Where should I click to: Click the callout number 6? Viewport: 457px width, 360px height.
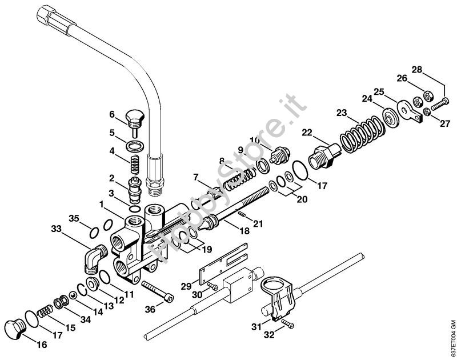[112, 114]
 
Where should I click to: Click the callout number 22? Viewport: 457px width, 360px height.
[307, 133]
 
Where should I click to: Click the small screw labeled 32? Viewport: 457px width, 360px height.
[288, 324]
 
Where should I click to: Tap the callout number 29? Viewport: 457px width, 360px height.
[186, 286]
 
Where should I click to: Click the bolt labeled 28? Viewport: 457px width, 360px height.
[440, 104]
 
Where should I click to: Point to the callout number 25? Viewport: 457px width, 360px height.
[379, 92]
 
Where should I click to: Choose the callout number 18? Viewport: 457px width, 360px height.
[244, 231]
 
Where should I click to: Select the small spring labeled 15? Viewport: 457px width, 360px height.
[45, 311]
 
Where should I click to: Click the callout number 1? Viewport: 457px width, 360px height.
[101, 205]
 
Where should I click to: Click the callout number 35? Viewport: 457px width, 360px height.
[74, 218]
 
